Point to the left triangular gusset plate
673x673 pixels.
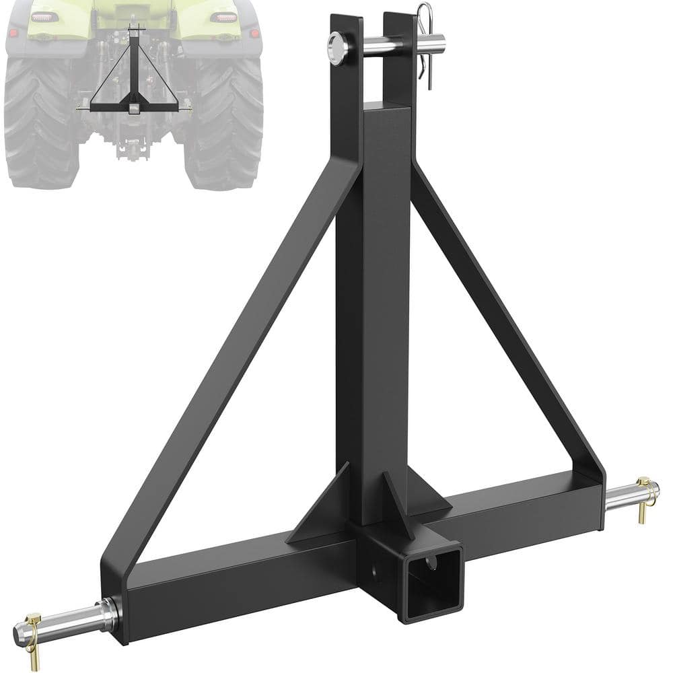click(323, 511)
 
